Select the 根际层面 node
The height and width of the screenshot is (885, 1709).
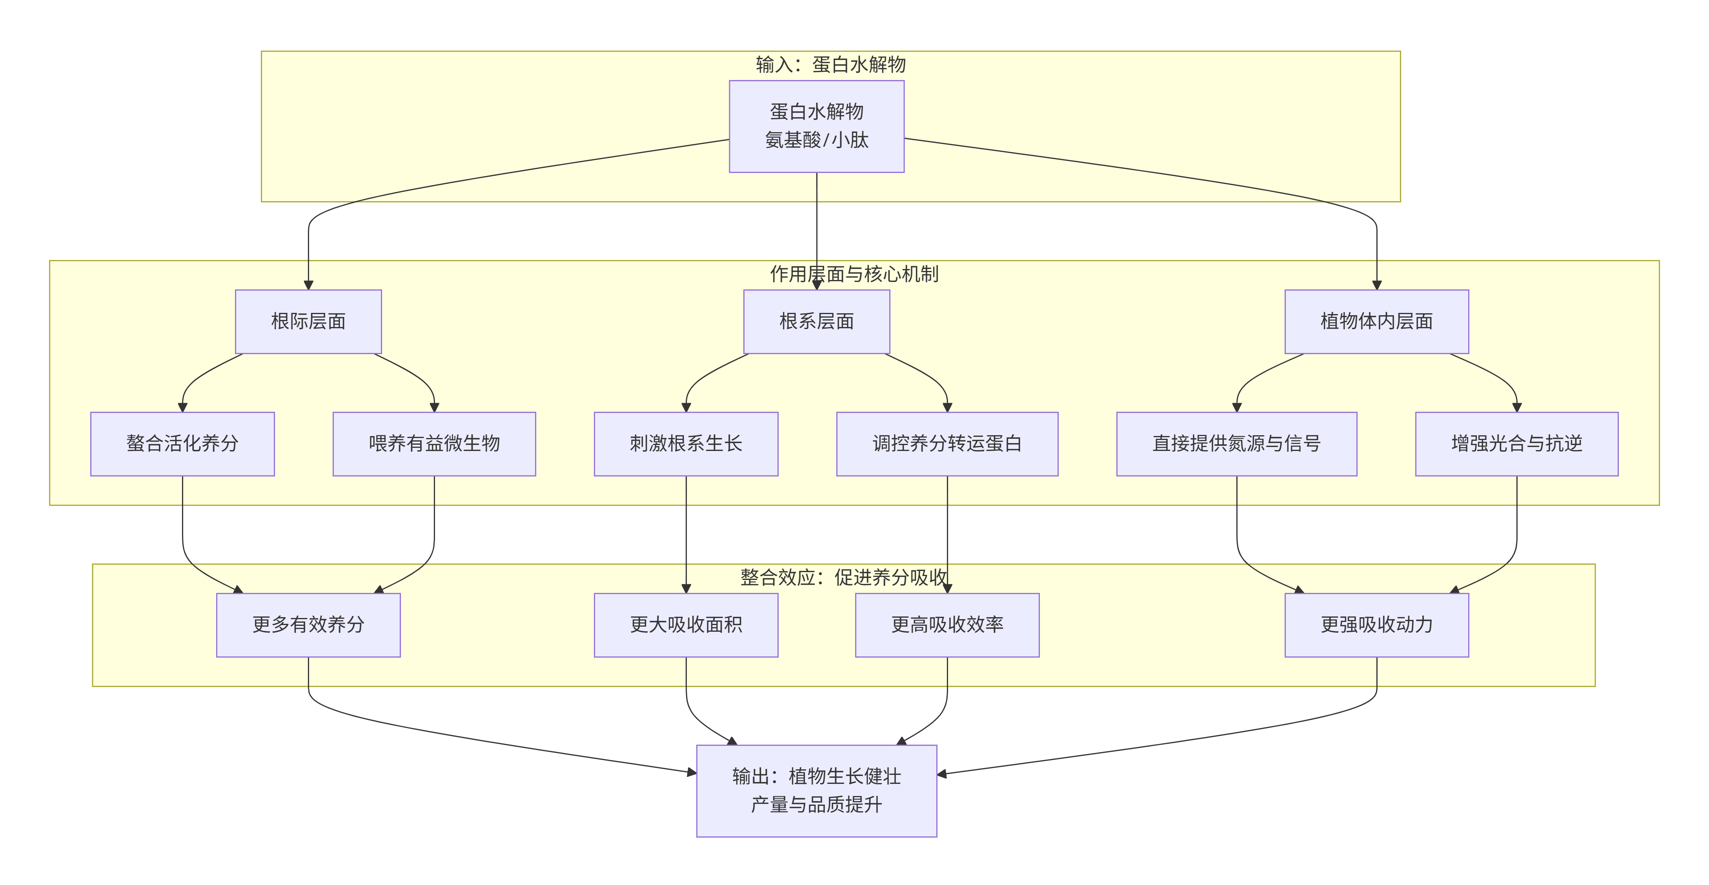(x=308, y=321)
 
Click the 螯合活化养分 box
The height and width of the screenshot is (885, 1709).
(x=182, y=443)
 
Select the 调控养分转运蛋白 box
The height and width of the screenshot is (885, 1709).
(x=947, y=443)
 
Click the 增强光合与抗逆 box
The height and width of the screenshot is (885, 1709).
(x=1516, y=443)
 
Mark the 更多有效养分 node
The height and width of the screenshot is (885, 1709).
(x=308, y=624)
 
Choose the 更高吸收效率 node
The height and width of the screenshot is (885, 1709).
(x=947, y=624)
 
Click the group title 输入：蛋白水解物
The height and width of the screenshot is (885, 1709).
(x=831, y=64)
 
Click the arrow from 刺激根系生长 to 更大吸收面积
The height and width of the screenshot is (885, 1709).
(x=686, y=531)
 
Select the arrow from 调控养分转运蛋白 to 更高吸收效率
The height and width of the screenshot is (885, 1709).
(x=947, y=531)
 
